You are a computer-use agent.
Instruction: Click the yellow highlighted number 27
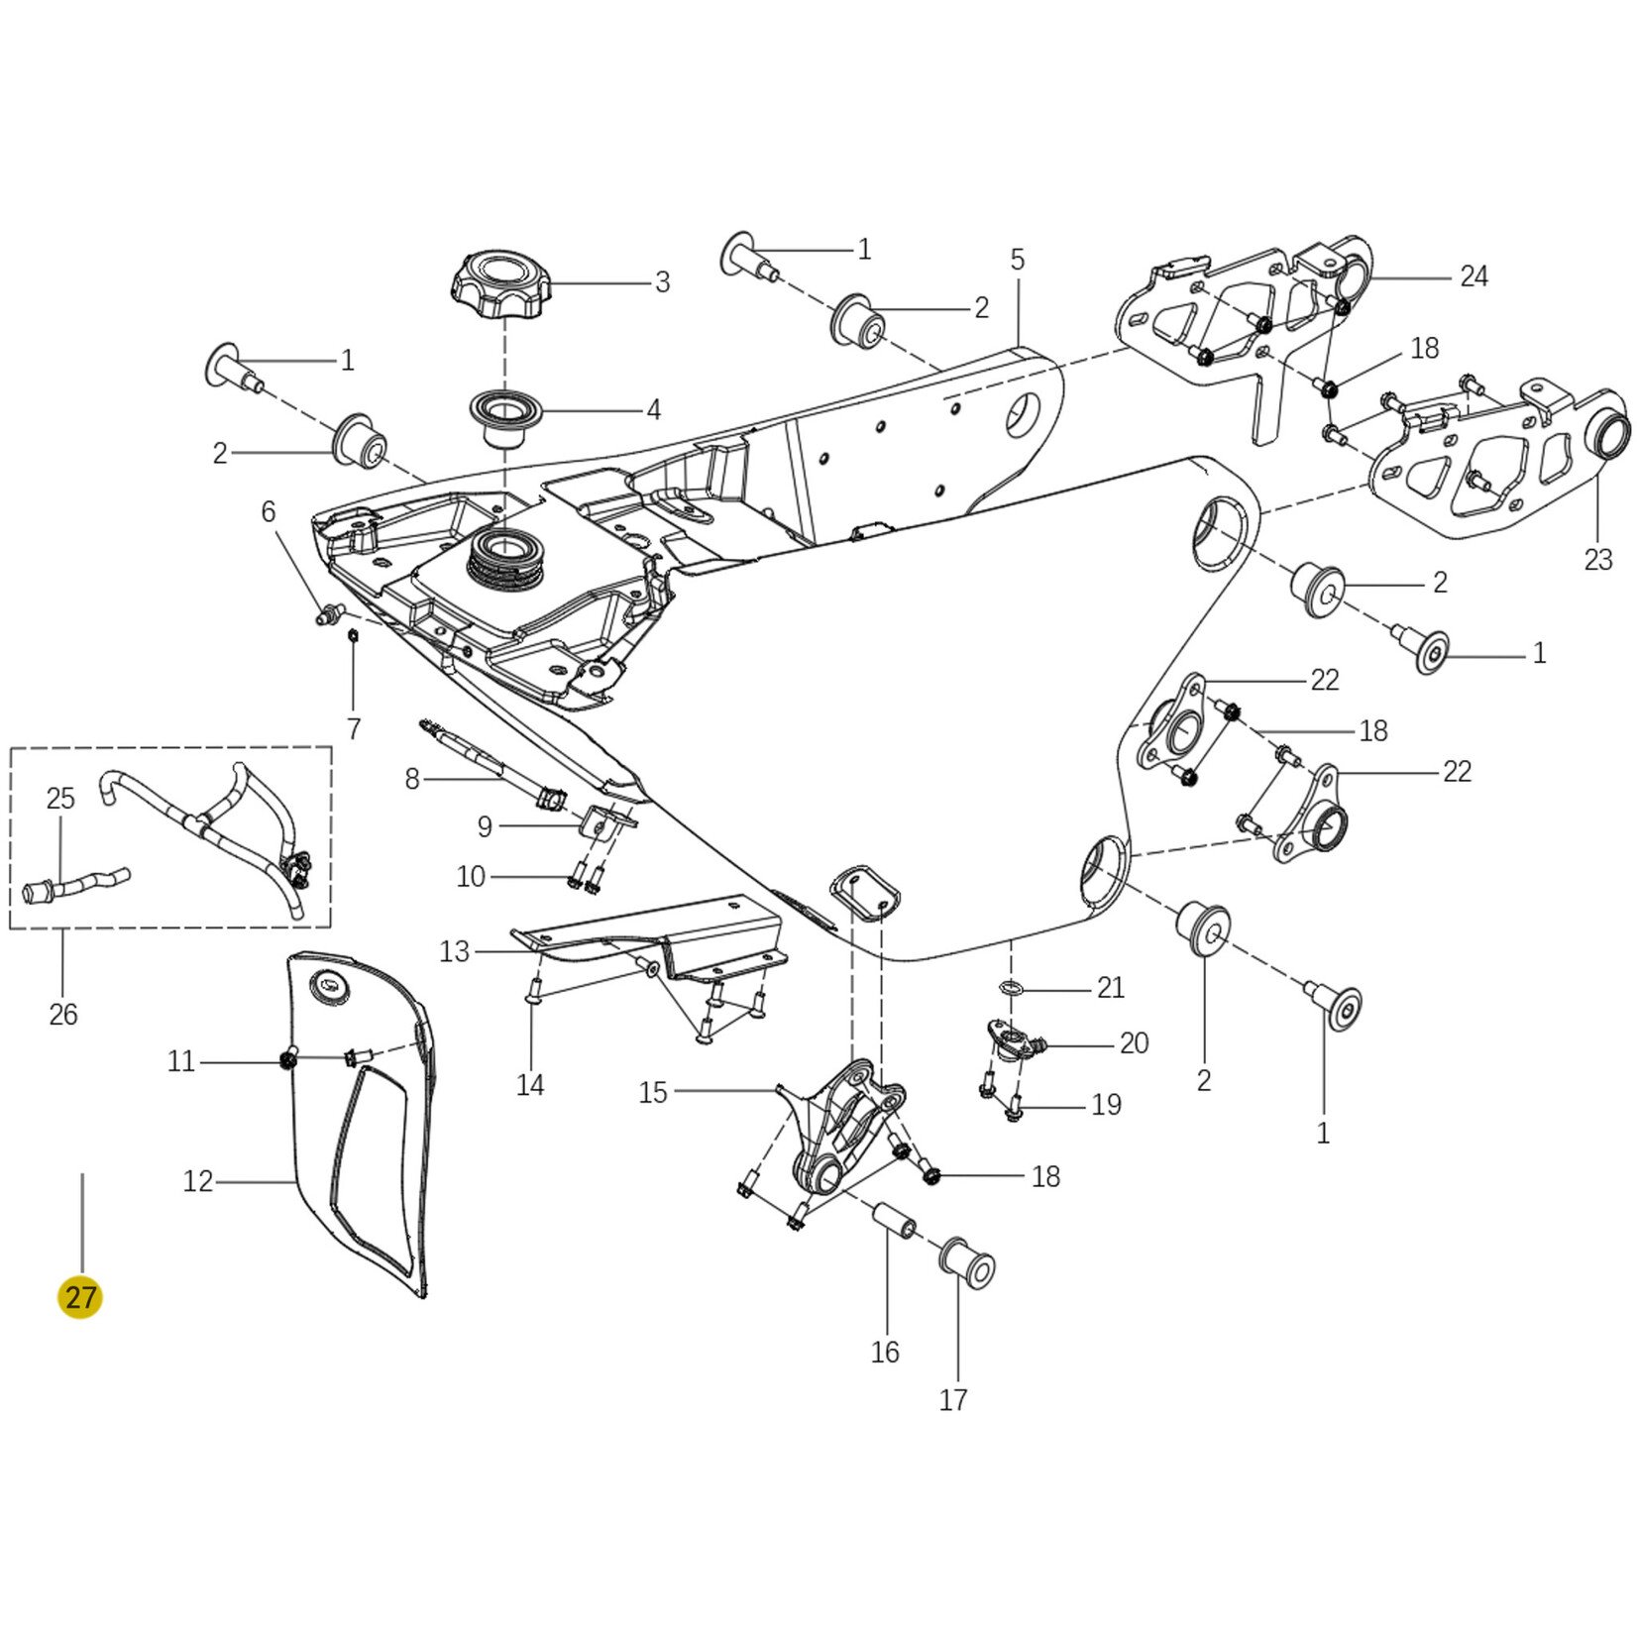tap(80, 1297)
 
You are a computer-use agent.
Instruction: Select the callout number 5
tap(1018, 261)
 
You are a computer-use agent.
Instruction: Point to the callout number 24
tap(1473, 276)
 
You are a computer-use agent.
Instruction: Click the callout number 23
tap(1597, 560)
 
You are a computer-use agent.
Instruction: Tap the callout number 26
tap(62, 1014)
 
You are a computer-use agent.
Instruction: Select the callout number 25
tap(60, 798)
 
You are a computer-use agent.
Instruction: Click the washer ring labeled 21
tap(1010, 987)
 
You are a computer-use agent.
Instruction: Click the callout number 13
tap(454, 952)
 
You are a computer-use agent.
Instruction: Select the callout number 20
tap(1134, 1042)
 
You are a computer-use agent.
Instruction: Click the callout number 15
tap(653, 1092)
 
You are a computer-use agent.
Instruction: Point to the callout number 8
tap(412, 779)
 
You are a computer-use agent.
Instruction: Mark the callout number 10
tap(471, 877)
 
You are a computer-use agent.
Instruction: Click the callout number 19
tap(1106, 1104)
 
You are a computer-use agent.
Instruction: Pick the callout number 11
tap(180, 1062)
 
